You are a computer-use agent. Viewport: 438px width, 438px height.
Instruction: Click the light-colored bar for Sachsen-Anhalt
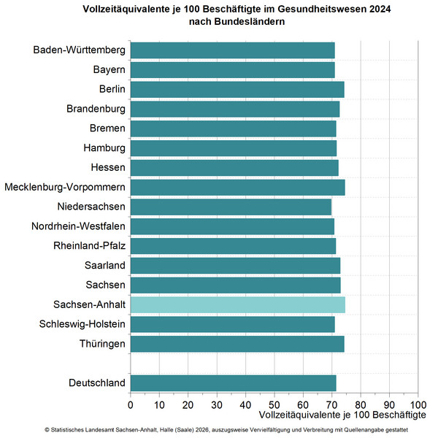(x=237, y=304)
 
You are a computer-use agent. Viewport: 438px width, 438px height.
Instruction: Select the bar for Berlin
(x=237, y=89)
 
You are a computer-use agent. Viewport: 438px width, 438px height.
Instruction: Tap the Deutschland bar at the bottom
(x=234, y=383)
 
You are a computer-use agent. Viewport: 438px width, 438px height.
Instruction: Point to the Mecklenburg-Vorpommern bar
(x=237, y=187)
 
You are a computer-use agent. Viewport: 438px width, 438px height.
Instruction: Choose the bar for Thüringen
(x=237, y=344)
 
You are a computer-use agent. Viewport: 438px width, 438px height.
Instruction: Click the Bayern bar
(x=232, y=70)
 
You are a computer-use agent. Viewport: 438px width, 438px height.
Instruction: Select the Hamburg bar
(x=234, y=148)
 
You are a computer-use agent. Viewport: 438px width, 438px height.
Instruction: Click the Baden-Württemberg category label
(x=79, y=50)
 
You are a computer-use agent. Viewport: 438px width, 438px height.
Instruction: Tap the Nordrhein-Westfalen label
(x=78, y=226)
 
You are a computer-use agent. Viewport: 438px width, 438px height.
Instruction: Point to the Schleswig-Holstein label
(x=82, y=324)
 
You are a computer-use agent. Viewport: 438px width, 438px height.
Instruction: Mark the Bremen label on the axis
(x=107, y=128)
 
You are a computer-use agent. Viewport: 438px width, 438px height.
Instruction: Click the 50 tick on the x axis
(x=274, y=404)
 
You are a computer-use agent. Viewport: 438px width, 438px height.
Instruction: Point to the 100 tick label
(x=418, y=404)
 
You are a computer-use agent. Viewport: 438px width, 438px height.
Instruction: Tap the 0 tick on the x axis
(x=131, y=404)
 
